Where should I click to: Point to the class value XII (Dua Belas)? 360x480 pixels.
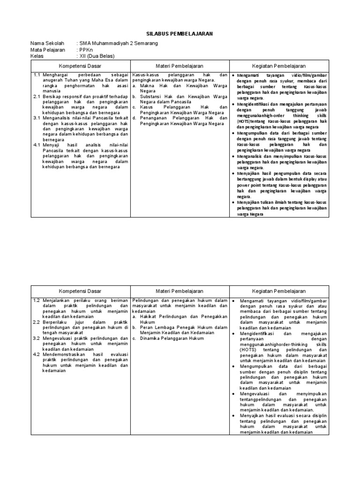pyautogui.click(x=97, y=56)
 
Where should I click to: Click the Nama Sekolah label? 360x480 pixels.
pyautogui.click(x=47, y=43)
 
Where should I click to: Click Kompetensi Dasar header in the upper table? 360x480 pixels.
pyautogui.click(x=80, y=66)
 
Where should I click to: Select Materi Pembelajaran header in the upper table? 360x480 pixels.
pyautogui.click(x=180, y=66)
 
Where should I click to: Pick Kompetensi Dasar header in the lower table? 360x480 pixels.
pyautogui.click(x=80, y=291)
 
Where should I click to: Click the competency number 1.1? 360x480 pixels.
pyautogui.click(x=37, y=75)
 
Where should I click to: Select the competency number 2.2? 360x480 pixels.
pyautogui.click(x=37, y=322)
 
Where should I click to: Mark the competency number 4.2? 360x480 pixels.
pyautogui.click(x=37, y=354)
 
